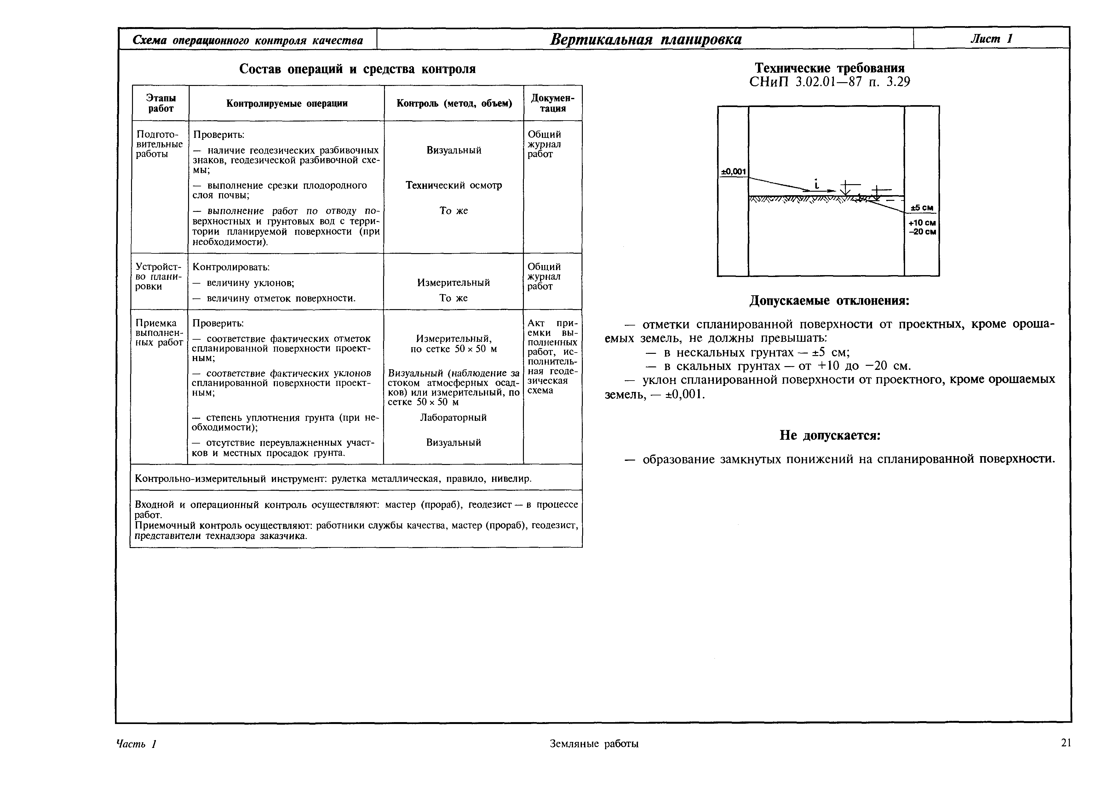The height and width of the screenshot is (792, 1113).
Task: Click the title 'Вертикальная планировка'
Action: [x=645, y=39]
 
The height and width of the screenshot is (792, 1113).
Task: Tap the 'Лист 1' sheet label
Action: [x=991, y=38]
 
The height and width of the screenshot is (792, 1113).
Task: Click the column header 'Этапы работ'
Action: [x=161, y=103]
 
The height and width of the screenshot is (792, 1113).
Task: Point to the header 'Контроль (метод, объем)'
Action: [x=454, y=103]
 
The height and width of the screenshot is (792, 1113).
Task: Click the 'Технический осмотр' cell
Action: [x=453, y=185]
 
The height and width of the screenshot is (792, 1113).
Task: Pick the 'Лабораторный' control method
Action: [x=453, y=417]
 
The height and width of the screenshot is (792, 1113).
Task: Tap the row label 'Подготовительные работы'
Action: [x=159, y=144]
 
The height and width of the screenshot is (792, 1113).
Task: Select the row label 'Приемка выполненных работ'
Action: [x=159, y=333]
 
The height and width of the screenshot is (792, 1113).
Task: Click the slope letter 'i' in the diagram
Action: [x=816, y=184]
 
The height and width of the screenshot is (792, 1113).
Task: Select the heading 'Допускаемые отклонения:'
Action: [x=829, y=301]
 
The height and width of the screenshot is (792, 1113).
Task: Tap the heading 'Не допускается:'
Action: [x=829, y=435]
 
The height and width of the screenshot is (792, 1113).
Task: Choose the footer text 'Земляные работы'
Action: [x=594, y=744]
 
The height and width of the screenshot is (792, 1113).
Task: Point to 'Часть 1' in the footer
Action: [x=136, y=744]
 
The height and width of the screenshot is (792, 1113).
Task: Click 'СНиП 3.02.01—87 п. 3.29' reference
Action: [x=829, y=82]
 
